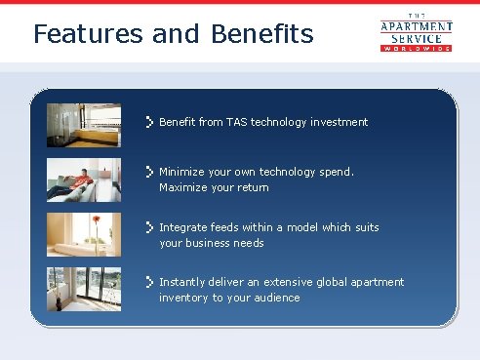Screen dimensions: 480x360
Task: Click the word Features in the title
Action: coord(88,33)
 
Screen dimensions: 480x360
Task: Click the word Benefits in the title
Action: coord(262,33)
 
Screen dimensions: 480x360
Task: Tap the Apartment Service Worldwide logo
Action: coord(417,32)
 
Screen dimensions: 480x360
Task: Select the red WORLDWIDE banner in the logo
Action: coord(417,49)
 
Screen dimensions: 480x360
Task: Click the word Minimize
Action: coord(181,172)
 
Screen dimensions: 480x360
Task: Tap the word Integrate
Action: coord(183,227)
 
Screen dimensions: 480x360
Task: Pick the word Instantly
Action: coord(182,282)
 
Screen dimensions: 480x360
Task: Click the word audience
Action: coord(277,298)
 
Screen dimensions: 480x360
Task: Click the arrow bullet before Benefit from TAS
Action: coord(149,122)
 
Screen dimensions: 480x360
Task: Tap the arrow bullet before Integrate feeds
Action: coord(149,227)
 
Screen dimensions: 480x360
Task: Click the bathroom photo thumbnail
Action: coord(84,125)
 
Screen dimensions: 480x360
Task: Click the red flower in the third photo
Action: coord(96,220)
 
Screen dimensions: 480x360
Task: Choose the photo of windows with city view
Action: coord(84,289)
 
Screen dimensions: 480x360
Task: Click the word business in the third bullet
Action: coord(211,243)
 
